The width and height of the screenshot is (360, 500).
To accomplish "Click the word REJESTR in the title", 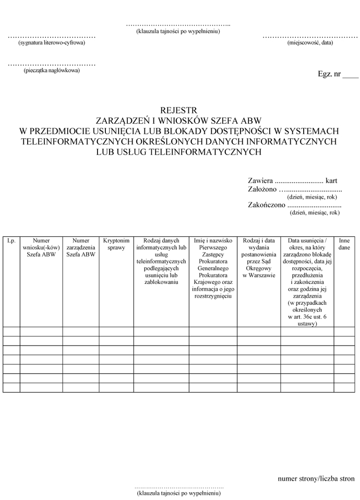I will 179,110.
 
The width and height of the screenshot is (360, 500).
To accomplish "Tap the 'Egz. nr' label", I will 329,75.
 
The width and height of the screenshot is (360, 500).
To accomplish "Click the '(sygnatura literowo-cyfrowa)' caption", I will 51,43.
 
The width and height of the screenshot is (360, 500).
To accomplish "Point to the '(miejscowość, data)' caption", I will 310,43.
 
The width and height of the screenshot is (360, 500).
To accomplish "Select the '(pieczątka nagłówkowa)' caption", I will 52,70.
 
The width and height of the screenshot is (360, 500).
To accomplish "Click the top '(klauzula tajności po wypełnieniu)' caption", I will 178,31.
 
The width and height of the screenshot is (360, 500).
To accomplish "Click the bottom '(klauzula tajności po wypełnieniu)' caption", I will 178,493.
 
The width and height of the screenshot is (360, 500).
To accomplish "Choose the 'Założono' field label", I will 262,189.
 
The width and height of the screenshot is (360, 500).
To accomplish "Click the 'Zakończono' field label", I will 266,205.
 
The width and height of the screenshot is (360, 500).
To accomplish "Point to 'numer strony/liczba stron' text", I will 316,479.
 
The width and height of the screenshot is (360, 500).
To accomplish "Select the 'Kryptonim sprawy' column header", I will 116,244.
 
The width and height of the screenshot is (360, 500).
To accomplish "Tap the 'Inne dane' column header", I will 344,244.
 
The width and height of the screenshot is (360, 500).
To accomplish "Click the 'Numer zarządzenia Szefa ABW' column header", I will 81,248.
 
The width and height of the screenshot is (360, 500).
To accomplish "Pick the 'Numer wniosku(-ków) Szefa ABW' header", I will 41,248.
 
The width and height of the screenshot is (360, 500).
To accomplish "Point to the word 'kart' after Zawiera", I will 331,181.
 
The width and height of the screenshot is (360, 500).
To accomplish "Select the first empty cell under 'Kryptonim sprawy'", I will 116,331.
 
